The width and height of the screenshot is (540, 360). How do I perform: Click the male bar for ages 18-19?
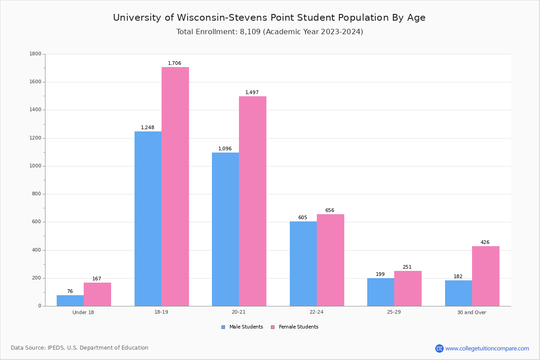click(x=148, y=219)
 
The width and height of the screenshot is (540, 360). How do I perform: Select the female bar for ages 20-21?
click(x=252, y=201)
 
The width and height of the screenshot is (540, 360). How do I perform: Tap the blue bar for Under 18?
click(x=70, y=301)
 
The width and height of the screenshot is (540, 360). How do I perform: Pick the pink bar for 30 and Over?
click(x=486, y=276)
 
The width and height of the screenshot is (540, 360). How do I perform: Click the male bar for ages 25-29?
click(x=381, y=292)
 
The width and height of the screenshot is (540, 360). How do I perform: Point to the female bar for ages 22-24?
click(x=330, y=260)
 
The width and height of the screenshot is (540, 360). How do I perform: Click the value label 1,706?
click(x=175, y=63)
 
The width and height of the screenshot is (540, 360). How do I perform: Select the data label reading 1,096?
click(x=225, y=149)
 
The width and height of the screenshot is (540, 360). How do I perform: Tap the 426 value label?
click(x=485, y=243)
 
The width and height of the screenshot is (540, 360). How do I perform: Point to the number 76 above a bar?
click(x=70, y=292)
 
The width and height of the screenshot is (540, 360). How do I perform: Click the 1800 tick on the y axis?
click(x=36, y=54)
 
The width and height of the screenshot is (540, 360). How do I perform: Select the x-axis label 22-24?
click(x=316, y=312)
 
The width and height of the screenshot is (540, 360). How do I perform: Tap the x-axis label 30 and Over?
click(x=472, y=312)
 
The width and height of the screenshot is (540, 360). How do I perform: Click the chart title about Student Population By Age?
click(x=269, y=18)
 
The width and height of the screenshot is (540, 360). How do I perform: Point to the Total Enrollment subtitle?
click(x=270, y=32)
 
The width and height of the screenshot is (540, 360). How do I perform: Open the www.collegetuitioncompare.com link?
click(x=487, y=348)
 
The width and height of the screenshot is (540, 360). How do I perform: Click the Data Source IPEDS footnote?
click(x=80, y=348)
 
